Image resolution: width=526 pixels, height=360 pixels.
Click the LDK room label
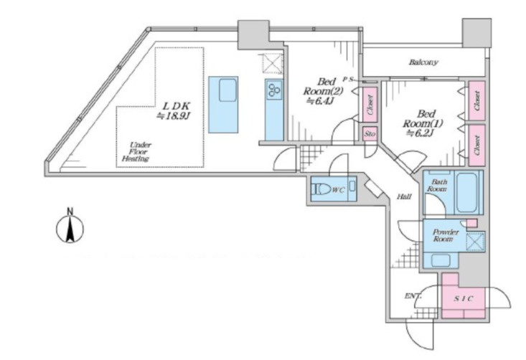176,106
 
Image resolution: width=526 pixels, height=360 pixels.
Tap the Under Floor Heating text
136,152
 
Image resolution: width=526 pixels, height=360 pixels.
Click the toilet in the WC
321,189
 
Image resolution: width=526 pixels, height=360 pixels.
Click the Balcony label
423,62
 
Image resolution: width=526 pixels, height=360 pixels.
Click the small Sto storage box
370,133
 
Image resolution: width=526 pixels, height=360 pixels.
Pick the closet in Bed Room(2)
370,105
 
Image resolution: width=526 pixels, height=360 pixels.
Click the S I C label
464,298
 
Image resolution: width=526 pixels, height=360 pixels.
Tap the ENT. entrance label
413,296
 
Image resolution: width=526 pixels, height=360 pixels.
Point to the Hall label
404,196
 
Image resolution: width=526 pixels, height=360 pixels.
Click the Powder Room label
444,235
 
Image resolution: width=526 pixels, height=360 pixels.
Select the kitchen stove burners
274,90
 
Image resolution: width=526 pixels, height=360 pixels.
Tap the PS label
347,79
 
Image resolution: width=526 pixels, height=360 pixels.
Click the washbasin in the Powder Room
441,260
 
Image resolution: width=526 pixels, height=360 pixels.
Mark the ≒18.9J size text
174,116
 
